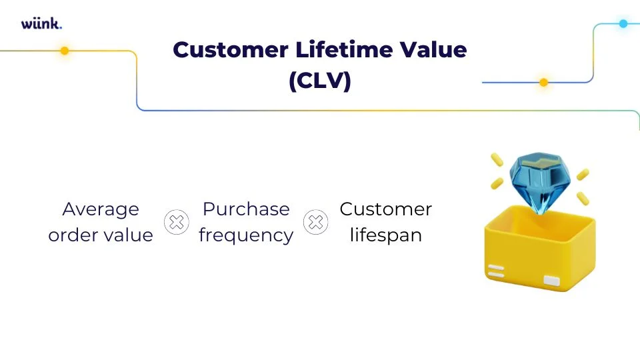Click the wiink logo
(41, 24)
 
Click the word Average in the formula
(101, 209)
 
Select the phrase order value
(101, 235)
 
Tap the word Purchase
(246, 209)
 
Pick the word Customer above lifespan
(385, 209)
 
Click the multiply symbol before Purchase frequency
(176, 222)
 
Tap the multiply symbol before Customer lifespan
(316, 222)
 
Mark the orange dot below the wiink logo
(65, 51)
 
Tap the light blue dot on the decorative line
(623, 23)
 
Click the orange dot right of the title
(543, 83)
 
